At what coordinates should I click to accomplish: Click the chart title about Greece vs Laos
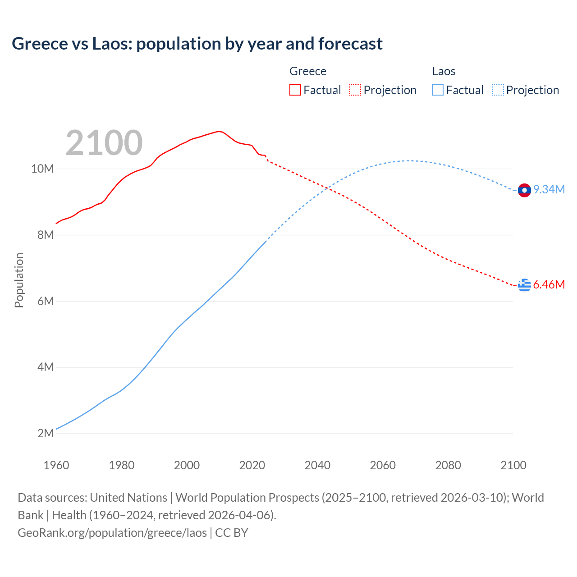(x=197, y=44)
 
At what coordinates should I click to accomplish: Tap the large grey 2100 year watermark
(x=104, y=143)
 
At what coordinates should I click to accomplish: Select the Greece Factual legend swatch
(x=295, y=90)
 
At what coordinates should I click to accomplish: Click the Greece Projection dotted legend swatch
(x=355, y=90)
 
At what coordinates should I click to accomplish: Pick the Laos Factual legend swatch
(x=437, y=90)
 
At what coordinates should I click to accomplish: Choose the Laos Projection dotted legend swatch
(x=498, y=90)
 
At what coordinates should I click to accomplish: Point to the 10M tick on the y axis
(x=42, y=169)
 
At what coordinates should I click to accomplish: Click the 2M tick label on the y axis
(x=46, y=433)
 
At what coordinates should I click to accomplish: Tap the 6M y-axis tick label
(x=46, y=301)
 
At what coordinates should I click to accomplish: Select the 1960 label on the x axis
(x=56, y=465)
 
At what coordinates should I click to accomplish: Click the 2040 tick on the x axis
(x=317, y=465)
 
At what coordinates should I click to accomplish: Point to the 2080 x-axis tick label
(x=448, y=465)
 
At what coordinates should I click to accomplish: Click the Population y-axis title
(x=19, y=280)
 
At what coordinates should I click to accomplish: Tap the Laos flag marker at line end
(x=524, y=190)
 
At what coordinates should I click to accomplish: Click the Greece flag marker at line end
(x=524, y=285)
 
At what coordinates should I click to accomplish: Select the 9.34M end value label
(x=549, y=190)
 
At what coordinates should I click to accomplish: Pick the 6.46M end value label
(x=549, y=285)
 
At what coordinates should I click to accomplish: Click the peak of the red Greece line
(x=219, y=131)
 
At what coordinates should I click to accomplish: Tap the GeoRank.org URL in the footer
(x=112, y=533)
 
